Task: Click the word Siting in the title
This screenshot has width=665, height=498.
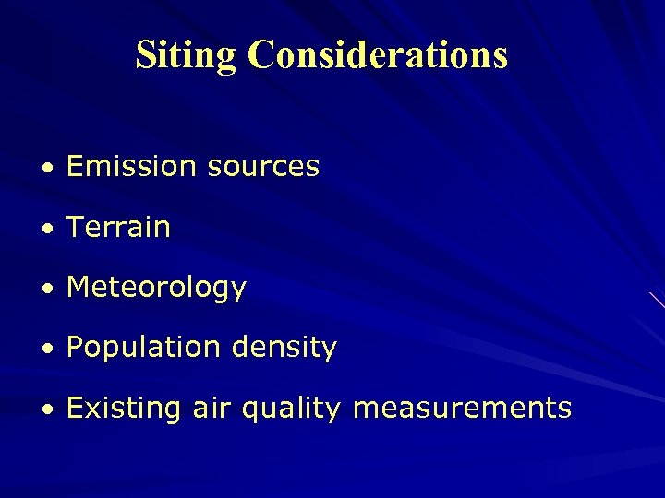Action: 187,55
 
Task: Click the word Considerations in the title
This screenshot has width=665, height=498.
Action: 377,55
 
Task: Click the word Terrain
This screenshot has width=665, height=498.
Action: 118,228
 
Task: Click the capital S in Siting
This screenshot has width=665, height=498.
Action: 147,55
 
